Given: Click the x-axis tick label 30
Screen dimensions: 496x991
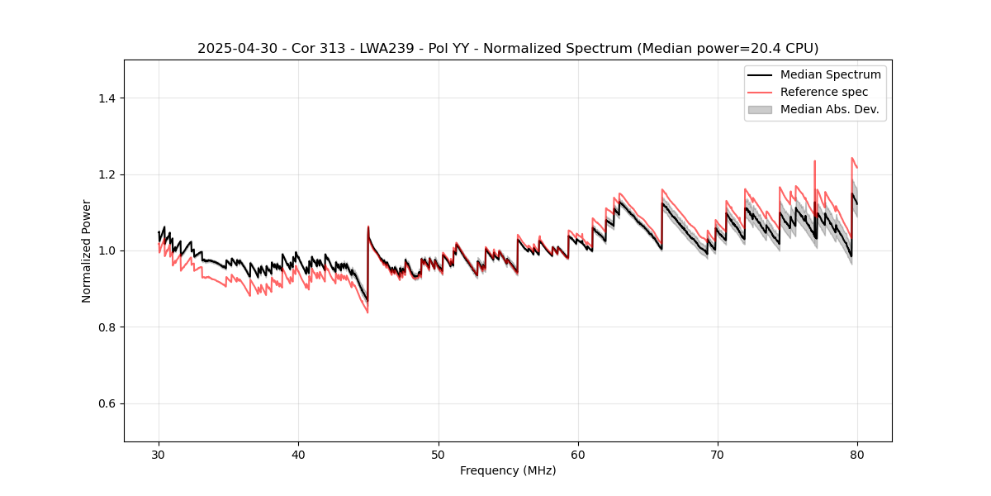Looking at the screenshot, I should coord(159,455).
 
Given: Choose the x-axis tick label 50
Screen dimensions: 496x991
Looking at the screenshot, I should coord(438,455).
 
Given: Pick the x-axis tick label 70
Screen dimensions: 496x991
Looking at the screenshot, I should coord(717,455).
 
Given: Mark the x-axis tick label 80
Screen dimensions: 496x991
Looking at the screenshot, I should coord(856,455).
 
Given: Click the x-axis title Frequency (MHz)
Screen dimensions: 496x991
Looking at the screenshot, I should coord(508,470).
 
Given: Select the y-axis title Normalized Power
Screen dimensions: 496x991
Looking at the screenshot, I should coord(87,250).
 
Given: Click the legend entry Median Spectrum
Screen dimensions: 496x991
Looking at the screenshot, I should coord(830,74).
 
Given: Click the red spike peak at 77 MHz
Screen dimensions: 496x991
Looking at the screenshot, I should coord(815,161).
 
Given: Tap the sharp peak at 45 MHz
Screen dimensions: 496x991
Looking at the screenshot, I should coord(368,227).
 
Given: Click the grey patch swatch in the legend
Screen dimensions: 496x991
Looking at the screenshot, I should coord(760,109).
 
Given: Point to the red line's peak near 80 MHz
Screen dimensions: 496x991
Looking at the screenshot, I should coord(852,158).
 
